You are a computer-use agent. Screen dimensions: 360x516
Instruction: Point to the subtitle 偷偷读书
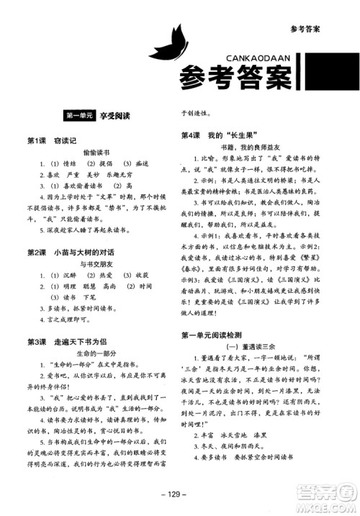point(95,153)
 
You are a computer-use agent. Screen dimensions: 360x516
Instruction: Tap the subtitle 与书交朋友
point(95,266)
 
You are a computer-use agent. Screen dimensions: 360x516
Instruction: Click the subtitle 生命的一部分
point(95,355)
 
